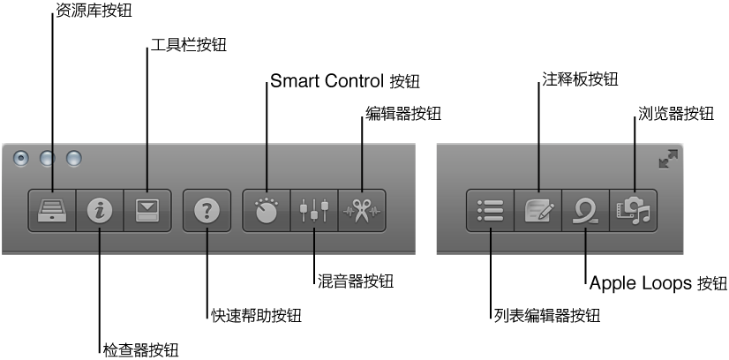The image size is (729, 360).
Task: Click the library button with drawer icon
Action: coord(52,211)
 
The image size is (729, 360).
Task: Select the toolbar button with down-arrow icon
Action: coord(147,211)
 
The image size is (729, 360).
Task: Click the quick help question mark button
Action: coord(207,211)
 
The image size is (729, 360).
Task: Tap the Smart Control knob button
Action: coord(267,211)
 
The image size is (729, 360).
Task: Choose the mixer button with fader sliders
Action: coord(314,211)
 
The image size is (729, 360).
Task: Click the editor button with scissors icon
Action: coord(362,211)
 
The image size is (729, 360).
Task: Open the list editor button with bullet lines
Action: coord(491,211)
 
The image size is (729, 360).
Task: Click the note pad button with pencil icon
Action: coord(538,211)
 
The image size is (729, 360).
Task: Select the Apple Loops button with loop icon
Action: coord(586,211)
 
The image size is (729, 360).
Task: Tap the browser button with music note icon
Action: coord(634,211)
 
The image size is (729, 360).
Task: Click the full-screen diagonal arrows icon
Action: coord(668,159)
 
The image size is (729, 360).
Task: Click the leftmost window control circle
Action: coord(22,159)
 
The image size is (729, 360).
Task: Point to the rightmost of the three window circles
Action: coord(74,159)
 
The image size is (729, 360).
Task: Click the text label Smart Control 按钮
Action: coord(344,82)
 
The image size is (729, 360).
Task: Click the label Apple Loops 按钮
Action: coord(658,283)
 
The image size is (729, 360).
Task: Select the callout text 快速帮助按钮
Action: coord(256,315)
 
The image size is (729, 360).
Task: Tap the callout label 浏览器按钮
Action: coord(675,114)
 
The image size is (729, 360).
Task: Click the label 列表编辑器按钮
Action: coord(547,315)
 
